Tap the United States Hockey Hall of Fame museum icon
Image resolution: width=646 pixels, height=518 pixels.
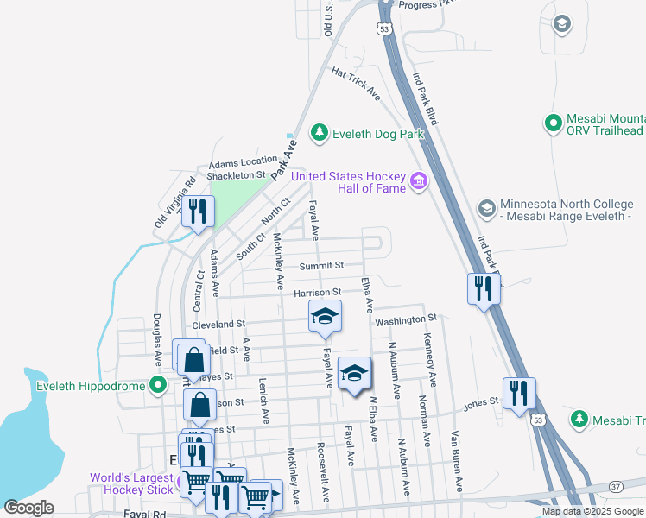419,180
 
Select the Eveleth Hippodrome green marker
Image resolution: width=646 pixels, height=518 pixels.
157,384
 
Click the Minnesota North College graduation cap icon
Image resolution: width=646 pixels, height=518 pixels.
486,208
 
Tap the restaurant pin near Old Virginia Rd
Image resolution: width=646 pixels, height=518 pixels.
198,211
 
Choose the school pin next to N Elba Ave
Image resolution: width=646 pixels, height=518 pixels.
354,375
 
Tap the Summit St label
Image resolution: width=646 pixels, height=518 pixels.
321,265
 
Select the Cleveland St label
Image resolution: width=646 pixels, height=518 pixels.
218,325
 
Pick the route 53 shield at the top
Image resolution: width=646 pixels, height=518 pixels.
382,28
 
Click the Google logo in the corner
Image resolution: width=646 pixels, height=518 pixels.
28,508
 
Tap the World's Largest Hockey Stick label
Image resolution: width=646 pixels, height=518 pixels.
131,484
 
